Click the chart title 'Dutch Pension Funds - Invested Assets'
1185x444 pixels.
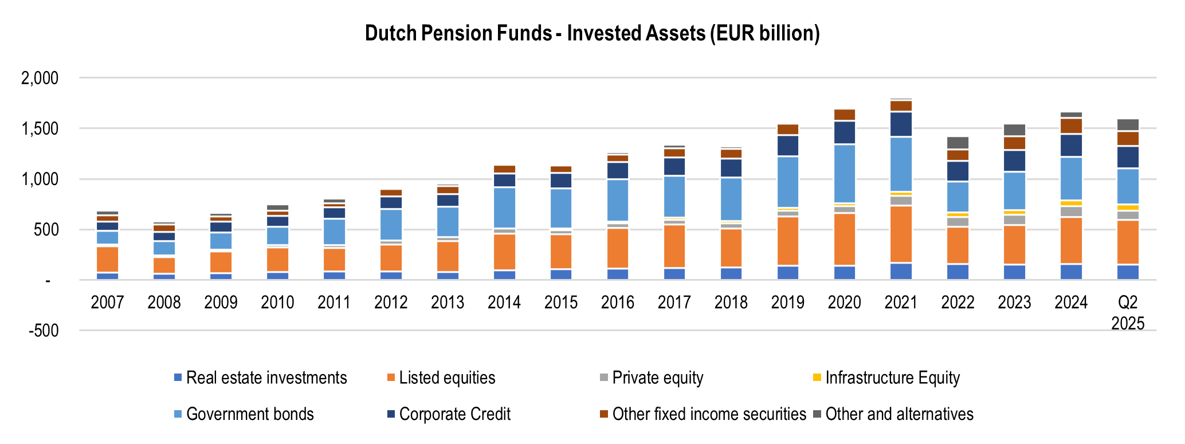click(x=592, y=33)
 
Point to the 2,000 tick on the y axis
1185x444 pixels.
click(x=40, y=78)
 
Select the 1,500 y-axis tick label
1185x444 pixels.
click(x=40, y=128)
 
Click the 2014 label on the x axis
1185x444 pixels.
click(x=504, y=302)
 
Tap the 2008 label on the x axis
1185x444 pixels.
click(x=164, y=302)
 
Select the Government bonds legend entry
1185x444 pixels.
click(x=250, y=414)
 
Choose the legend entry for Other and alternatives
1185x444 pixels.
click(x=899, y=414)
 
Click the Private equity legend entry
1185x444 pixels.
click(x=657, y=378)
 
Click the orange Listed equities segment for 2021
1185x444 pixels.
click(x=901, y=234)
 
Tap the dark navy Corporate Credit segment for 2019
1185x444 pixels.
click(x=788, y=146)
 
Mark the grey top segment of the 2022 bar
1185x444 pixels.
click(x=958, y=143)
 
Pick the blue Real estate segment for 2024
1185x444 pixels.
click(x=1071, y=272)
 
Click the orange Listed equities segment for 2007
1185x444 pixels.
click(x=108, y=260)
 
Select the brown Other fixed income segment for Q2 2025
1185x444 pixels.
click(x=1128, y=138)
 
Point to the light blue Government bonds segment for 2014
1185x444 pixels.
click(x=504, y=207)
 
